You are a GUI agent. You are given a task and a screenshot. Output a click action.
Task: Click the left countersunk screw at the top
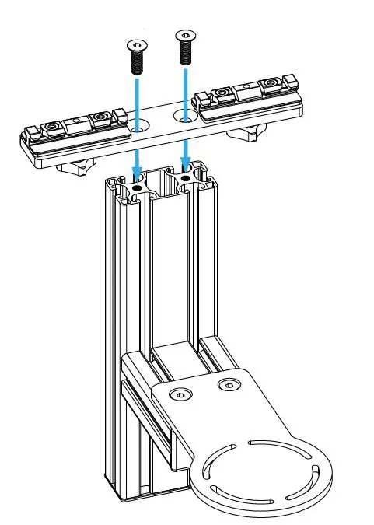tap(135, 58)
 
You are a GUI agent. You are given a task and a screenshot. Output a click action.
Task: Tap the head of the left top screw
tap(135, 46)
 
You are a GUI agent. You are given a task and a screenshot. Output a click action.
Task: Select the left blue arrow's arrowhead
tap(136, 172)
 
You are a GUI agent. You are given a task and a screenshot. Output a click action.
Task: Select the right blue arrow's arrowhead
tap(185, 163)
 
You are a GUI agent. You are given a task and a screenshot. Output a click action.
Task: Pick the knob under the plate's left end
tap(81, 165)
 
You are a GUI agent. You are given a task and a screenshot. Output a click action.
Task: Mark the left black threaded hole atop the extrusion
tap(136, 187)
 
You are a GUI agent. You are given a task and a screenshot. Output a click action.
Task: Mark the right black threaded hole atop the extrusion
tap(185, 178)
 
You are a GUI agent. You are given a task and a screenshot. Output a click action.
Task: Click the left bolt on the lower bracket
tap(180, 394)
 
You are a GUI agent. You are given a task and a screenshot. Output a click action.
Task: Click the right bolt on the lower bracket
tap(228, 385)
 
